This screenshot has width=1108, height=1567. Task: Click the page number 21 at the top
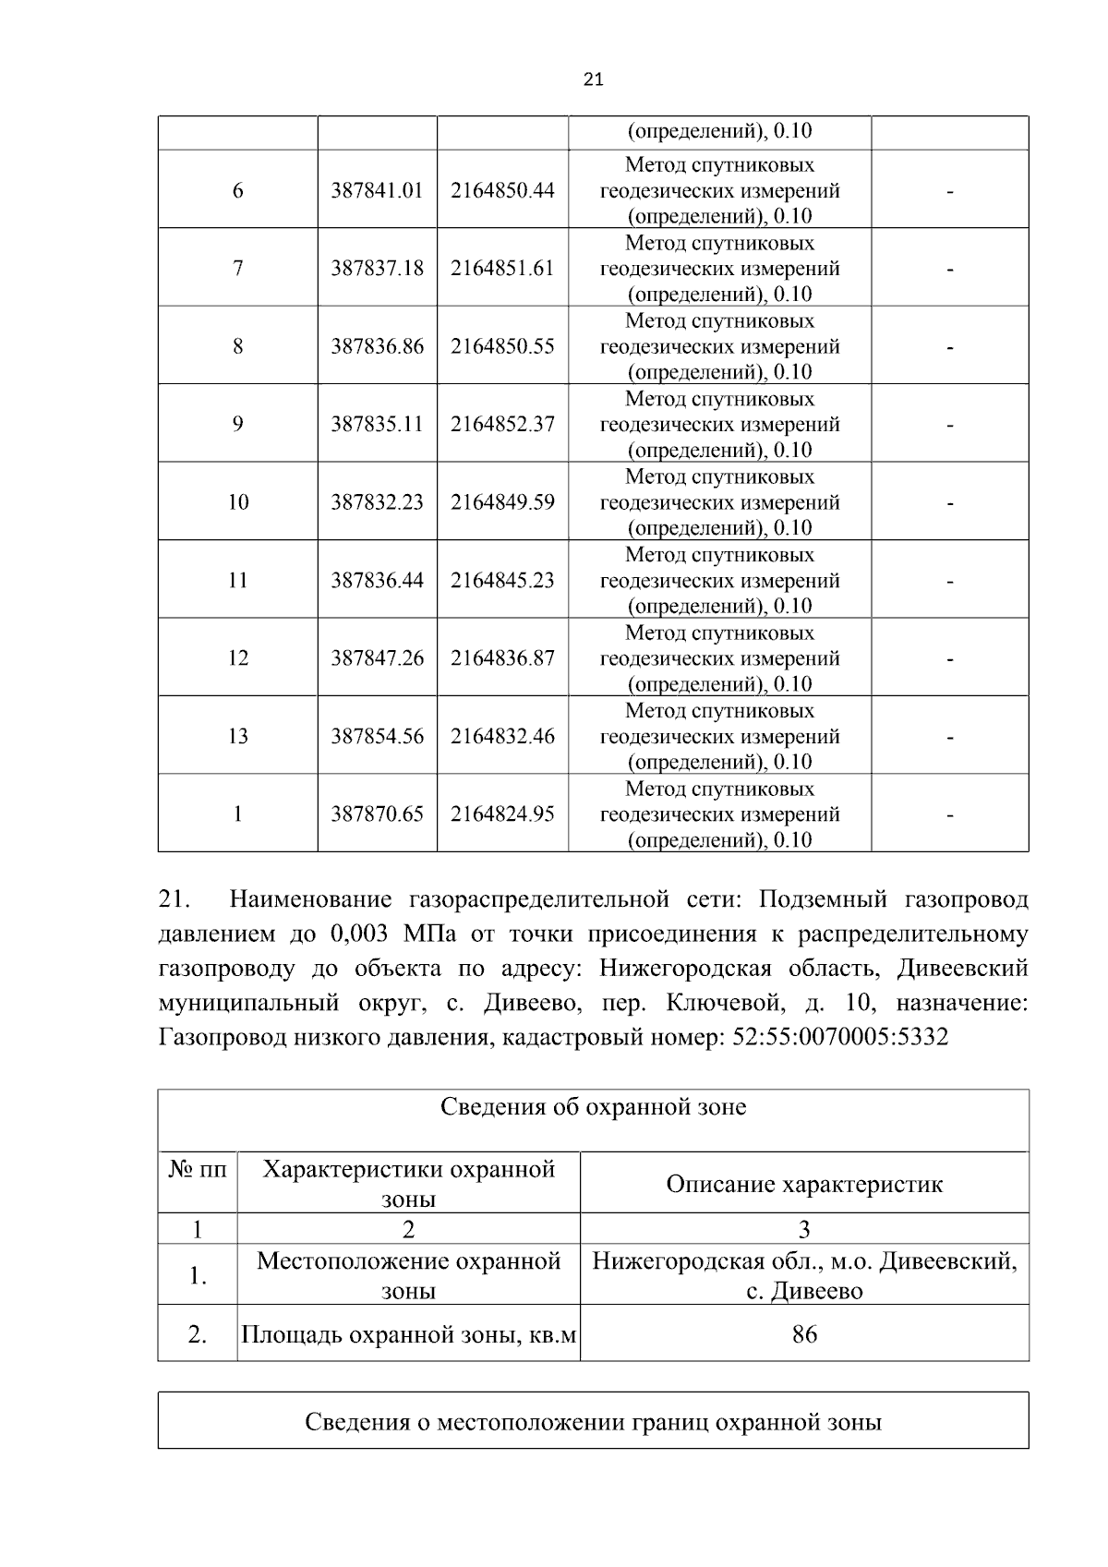tap(594, 80)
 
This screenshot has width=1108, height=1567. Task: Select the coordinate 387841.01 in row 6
tap(377, 190)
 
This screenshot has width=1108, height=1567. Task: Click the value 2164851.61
tap(502, 268)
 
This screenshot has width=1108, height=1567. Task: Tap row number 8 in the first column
tap(238, 346)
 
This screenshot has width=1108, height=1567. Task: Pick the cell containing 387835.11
tap(377, 424)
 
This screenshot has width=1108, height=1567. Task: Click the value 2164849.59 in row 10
tap(502, 502)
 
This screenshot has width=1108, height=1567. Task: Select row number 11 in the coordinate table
tap(238, 580)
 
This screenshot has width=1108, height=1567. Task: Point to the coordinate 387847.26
tap(377, 658)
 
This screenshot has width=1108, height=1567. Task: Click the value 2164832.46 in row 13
tap(502, 736)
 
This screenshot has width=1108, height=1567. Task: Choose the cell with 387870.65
tap(377, 814)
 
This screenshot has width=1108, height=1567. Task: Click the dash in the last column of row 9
tap(949, 426)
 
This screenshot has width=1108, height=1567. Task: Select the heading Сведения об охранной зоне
tap(593, 1106)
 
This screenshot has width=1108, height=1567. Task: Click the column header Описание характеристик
tap(804, 1184)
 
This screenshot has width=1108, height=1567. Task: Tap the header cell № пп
tap(198, 1170)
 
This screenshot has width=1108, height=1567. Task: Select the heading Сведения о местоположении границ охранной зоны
tap(593, 1422)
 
